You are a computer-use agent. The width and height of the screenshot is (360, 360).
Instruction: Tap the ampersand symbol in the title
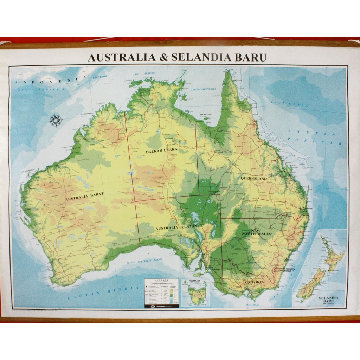pos(164,57)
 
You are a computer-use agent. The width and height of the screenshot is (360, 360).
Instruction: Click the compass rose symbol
pos(56,120)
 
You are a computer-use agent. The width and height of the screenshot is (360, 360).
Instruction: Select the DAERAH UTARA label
pos(162,150)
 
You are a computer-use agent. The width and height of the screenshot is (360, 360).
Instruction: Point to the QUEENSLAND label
pos(253,178)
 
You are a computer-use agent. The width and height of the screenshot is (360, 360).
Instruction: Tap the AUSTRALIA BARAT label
pos(84,198)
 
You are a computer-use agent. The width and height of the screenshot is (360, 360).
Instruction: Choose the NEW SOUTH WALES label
pos(256,231)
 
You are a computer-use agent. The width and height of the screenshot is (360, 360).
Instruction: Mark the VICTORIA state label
pos(254,282)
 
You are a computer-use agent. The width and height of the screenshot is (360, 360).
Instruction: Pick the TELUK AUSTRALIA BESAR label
pos(144,261)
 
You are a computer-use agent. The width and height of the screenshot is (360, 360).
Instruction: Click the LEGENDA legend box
pos(161,293)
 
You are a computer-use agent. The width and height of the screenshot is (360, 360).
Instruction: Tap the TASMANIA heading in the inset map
pos(195,281)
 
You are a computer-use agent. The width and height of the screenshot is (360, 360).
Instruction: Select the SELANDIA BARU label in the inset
pos(328,300)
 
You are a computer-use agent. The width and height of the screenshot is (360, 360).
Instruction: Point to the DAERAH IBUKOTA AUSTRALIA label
pos(285,270)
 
